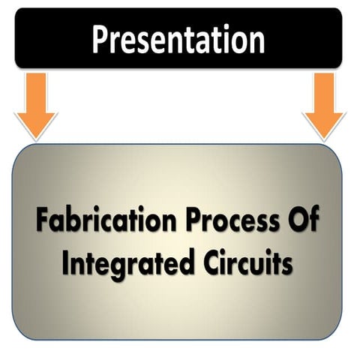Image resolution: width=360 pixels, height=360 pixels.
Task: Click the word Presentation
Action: point(178,39)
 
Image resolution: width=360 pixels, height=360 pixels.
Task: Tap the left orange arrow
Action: point(35,105)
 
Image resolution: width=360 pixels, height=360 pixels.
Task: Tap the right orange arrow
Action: point(324,105)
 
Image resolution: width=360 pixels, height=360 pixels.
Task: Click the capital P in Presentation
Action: point(100,39)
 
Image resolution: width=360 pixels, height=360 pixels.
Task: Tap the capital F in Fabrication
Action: point(42,222)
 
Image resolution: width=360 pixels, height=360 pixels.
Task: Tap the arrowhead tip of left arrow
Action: point(35,139)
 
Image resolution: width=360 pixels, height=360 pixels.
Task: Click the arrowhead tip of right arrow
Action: point(324,139)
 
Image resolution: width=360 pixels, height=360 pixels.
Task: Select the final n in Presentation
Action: point(256,42)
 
